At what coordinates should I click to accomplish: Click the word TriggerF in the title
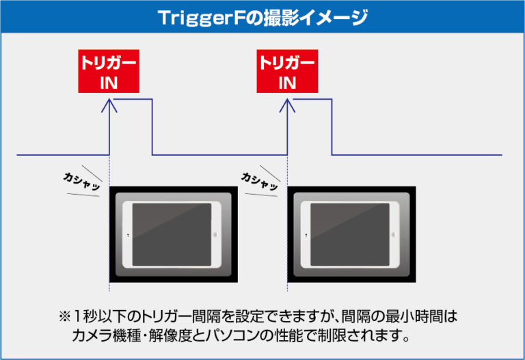tap(200, 18)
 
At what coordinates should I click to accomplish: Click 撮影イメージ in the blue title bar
tap(315, 17)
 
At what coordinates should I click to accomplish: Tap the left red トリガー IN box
tap(109, 71)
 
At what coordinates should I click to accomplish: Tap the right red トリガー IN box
tap(287, 71)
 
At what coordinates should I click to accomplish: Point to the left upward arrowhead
tap(109, 105)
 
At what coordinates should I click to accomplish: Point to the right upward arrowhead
tap(287, 105)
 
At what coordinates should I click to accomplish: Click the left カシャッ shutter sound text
tap(82, 181)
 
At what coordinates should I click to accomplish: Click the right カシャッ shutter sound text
tap(260, 181)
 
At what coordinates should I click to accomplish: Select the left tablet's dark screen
tap(172, 234)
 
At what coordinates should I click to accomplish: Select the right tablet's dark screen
tap(350, 234)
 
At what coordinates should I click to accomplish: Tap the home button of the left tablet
tap(215, 234)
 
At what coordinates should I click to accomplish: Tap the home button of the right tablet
tap(394, 234)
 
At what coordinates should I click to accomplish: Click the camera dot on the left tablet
tap(128, 236)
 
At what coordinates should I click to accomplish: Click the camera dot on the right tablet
tap(306, 236)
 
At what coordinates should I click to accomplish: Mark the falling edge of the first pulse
tap(152, 127)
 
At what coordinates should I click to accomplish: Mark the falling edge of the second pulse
tap(332, 127)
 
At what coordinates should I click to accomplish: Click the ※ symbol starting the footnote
tap(65, 316)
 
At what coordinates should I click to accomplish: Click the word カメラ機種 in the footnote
tap(107, 335)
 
